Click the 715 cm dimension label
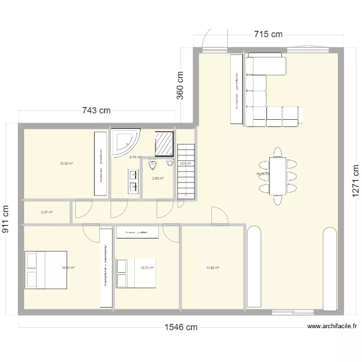(268, 34)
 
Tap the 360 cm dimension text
(181, 85)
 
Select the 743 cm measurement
(96, 111)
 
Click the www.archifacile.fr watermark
(333, 326)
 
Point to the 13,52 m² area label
(66, 164)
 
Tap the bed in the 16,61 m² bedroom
(46, 270)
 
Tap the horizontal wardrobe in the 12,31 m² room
(138, 232)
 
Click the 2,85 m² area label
(158, 179)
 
